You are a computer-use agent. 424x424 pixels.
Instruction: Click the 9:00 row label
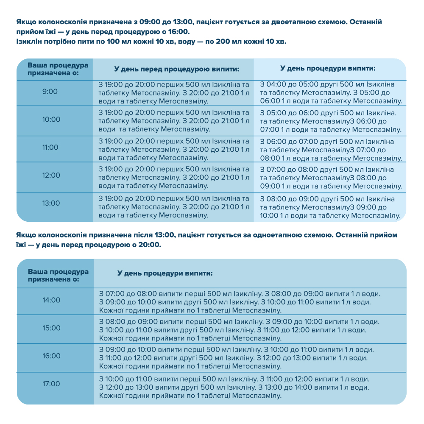[50, 92]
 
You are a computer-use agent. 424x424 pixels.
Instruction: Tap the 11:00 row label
[51, 148]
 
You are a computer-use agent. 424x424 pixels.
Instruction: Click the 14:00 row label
[51, 300]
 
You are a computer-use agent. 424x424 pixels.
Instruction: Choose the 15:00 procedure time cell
[51, 328]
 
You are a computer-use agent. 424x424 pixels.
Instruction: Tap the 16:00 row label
[51, 356]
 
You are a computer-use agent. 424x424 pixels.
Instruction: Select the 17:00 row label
[51, 384]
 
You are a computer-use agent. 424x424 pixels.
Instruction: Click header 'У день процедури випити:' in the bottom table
[165, 273]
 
